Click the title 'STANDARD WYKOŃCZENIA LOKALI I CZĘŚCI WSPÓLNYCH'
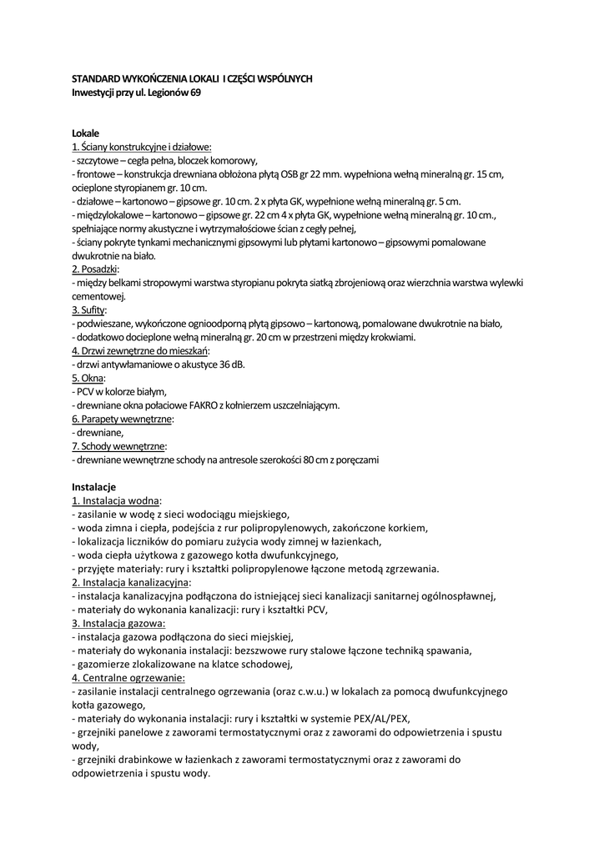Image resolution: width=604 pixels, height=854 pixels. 192,78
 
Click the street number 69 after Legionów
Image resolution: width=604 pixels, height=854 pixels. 194,92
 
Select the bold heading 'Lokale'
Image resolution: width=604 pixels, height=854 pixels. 85,133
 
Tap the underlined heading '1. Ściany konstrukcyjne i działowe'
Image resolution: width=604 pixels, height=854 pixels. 141,147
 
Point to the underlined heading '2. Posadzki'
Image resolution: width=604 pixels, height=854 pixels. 95,269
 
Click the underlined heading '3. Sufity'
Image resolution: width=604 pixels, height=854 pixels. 88,309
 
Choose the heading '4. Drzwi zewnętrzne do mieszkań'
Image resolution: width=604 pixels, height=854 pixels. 140,350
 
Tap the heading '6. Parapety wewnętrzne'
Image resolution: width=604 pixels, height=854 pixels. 121,419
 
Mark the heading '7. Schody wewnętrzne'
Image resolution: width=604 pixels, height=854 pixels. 118,446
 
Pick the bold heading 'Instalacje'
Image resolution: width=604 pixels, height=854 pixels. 93,486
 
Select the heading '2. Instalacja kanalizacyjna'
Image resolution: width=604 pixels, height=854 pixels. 131,581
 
